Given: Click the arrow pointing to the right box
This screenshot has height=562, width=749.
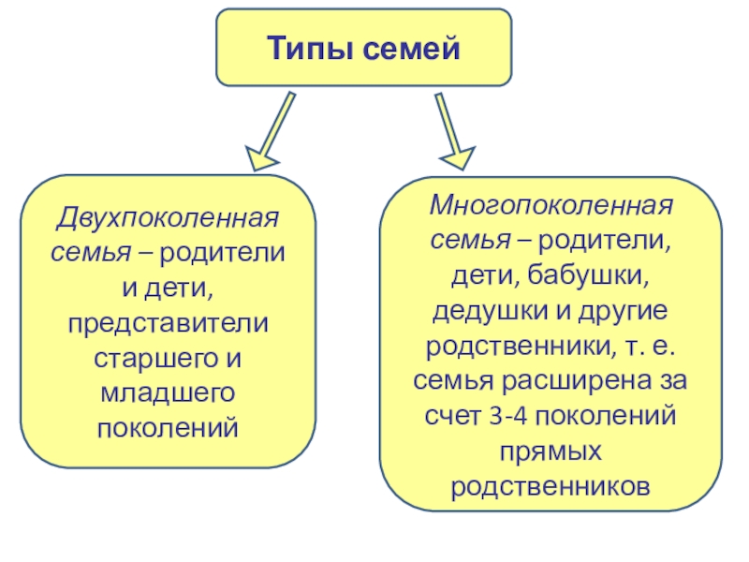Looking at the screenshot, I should (450, 129).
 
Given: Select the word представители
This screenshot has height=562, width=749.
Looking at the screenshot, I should (169, 323).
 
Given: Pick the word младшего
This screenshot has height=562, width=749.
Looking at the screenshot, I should (169, 392).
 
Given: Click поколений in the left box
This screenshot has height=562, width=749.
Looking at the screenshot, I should (169, 427).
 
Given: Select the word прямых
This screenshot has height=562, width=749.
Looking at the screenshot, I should (551, 451).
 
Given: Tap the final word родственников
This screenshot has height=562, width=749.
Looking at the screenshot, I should (551, 485).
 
